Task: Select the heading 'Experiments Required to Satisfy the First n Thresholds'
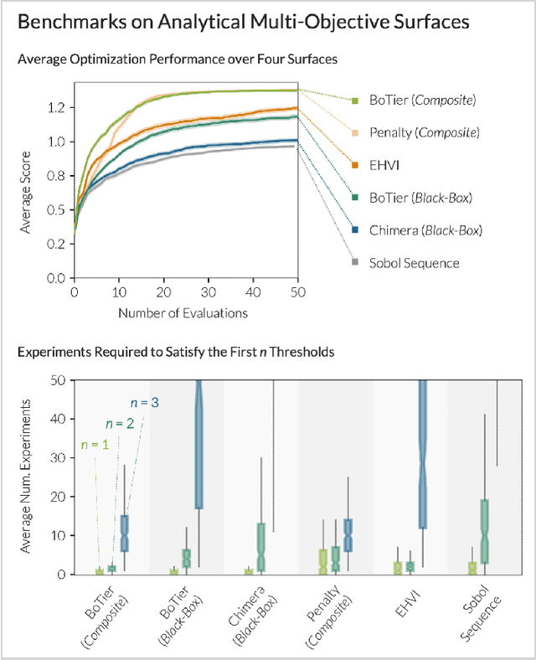(x=176, y=352)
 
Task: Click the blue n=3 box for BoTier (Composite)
(x=124, y=533)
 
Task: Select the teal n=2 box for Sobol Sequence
(x=483, y=531)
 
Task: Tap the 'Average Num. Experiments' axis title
(x=33, y=477)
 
